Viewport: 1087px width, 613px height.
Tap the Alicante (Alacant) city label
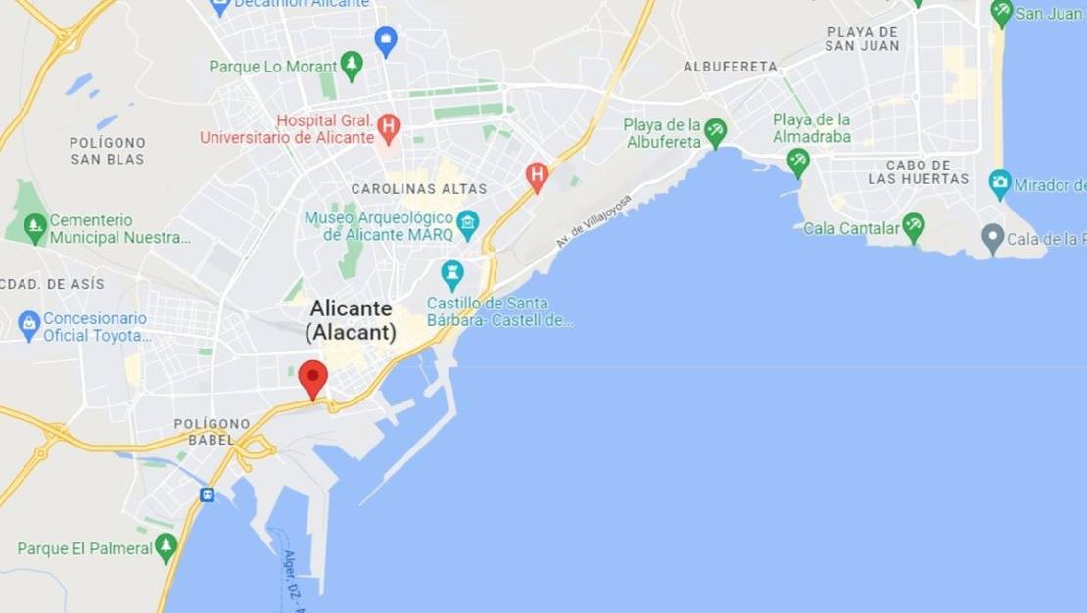tap(351, 320)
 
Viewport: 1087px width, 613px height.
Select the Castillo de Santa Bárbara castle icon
tap(451, 274)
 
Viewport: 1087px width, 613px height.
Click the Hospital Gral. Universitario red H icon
tap(389, 125)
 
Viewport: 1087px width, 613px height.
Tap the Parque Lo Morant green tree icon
tap(352, 66)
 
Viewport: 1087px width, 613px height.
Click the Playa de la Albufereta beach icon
tap(716, 132)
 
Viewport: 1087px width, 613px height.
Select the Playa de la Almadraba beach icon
tap(798, 162)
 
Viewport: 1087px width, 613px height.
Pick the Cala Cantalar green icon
tap(914, 227)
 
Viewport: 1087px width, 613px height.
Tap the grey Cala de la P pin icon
tap(993, 238)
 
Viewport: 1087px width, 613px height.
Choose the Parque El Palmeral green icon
tap(165, 547)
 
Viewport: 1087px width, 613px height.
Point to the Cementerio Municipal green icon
tap(35, 228)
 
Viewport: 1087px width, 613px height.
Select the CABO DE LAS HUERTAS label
tap(918, 172)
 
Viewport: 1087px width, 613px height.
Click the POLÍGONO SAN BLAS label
tap(108, 151)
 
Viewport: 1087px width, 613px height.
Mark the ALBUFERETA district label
tap(731, 67)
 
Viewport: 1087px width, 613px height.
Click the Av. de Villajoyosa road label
tap(593, 220)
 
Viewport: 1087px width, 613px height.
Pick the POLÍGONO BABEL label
tap(212, 432)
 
